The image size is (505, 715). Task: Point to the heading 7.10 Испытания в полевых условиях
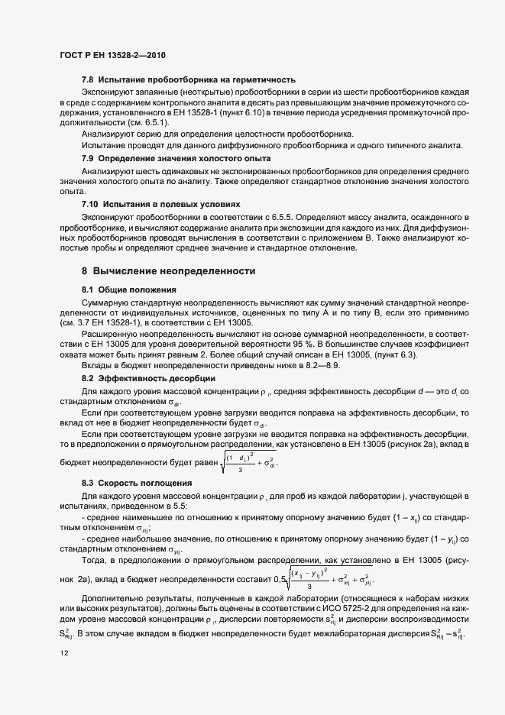click(x=160, y=205)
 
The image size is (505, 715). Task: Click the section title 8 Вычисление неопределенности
click(x=168, y=271)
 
